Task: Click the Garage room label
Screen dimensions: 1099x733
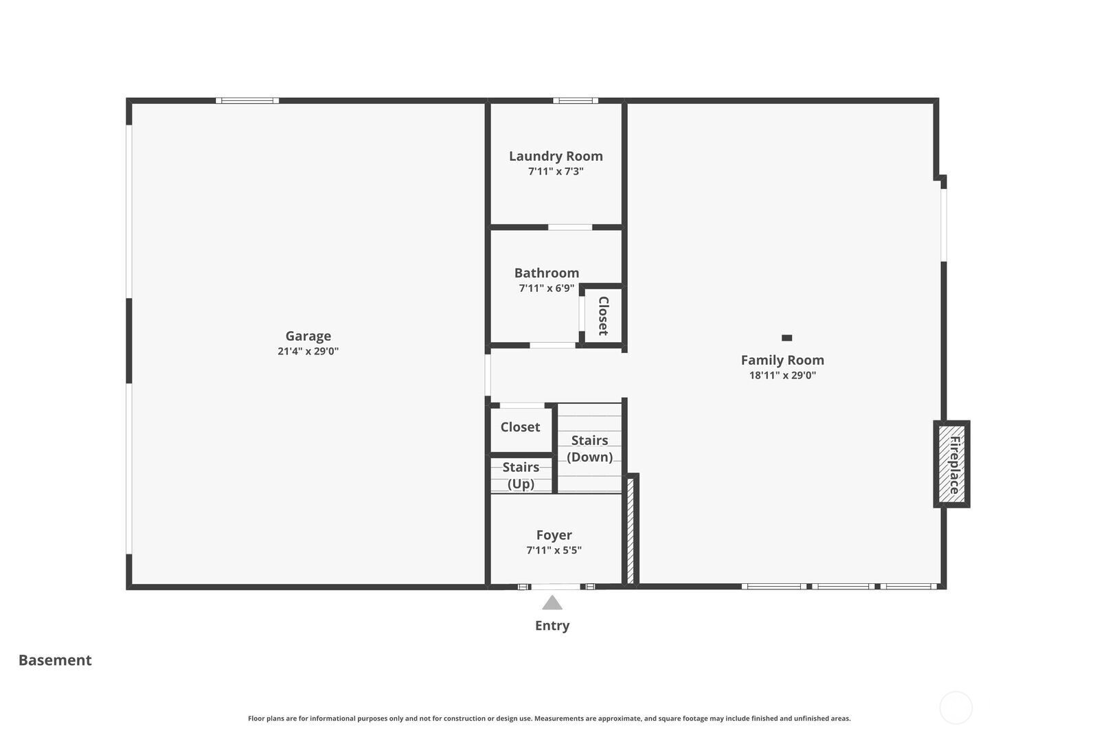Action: (308, 336)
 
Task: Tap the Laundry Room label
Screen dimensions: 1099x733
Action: (556, 156)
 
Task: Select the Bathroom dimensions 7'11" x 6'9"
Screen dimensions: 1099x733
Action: (547, 288)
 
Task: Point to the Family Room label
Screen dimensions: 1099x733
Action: (782, 360)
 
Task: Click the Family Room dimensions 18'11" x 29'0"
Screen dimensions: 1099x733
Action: (782, 375)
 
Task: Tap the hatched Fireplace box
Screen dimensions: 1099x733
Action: (952, 464)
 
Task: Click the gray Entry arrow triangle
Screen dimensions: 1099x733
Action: (552, 602)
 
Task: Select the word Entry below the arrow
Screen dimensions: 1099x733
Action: (552, 626)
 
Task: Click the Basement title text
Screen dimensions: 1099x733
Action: (55, 660)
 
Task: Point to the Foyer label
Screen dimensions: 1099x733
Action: (554, 534)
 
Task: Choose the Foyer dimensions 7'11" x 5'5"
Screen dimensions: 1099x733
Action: (554, 550)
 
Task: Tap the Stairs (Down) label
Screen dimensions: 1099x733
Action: (590, 449)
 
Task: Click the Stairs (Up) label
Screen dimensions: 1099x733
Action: (521, 475)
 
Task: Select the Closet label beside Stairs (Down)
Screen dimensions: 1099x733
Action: (520, 427)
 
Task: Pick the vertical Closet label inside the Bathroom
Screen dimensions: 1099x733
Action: (604, 316)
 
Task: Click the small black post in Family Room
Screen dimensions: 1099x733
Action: (787, 337)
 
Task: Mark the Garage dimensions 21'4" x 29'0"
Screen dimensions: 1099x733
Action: (308, 351)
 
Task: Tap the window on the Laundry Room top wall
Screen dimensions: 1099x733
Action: (576, 100)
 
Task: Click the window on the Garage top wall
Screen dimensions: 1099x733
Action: (247, 100)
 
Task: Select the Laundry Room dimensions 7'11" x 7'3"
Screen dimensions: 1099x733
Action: (556, 171)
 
